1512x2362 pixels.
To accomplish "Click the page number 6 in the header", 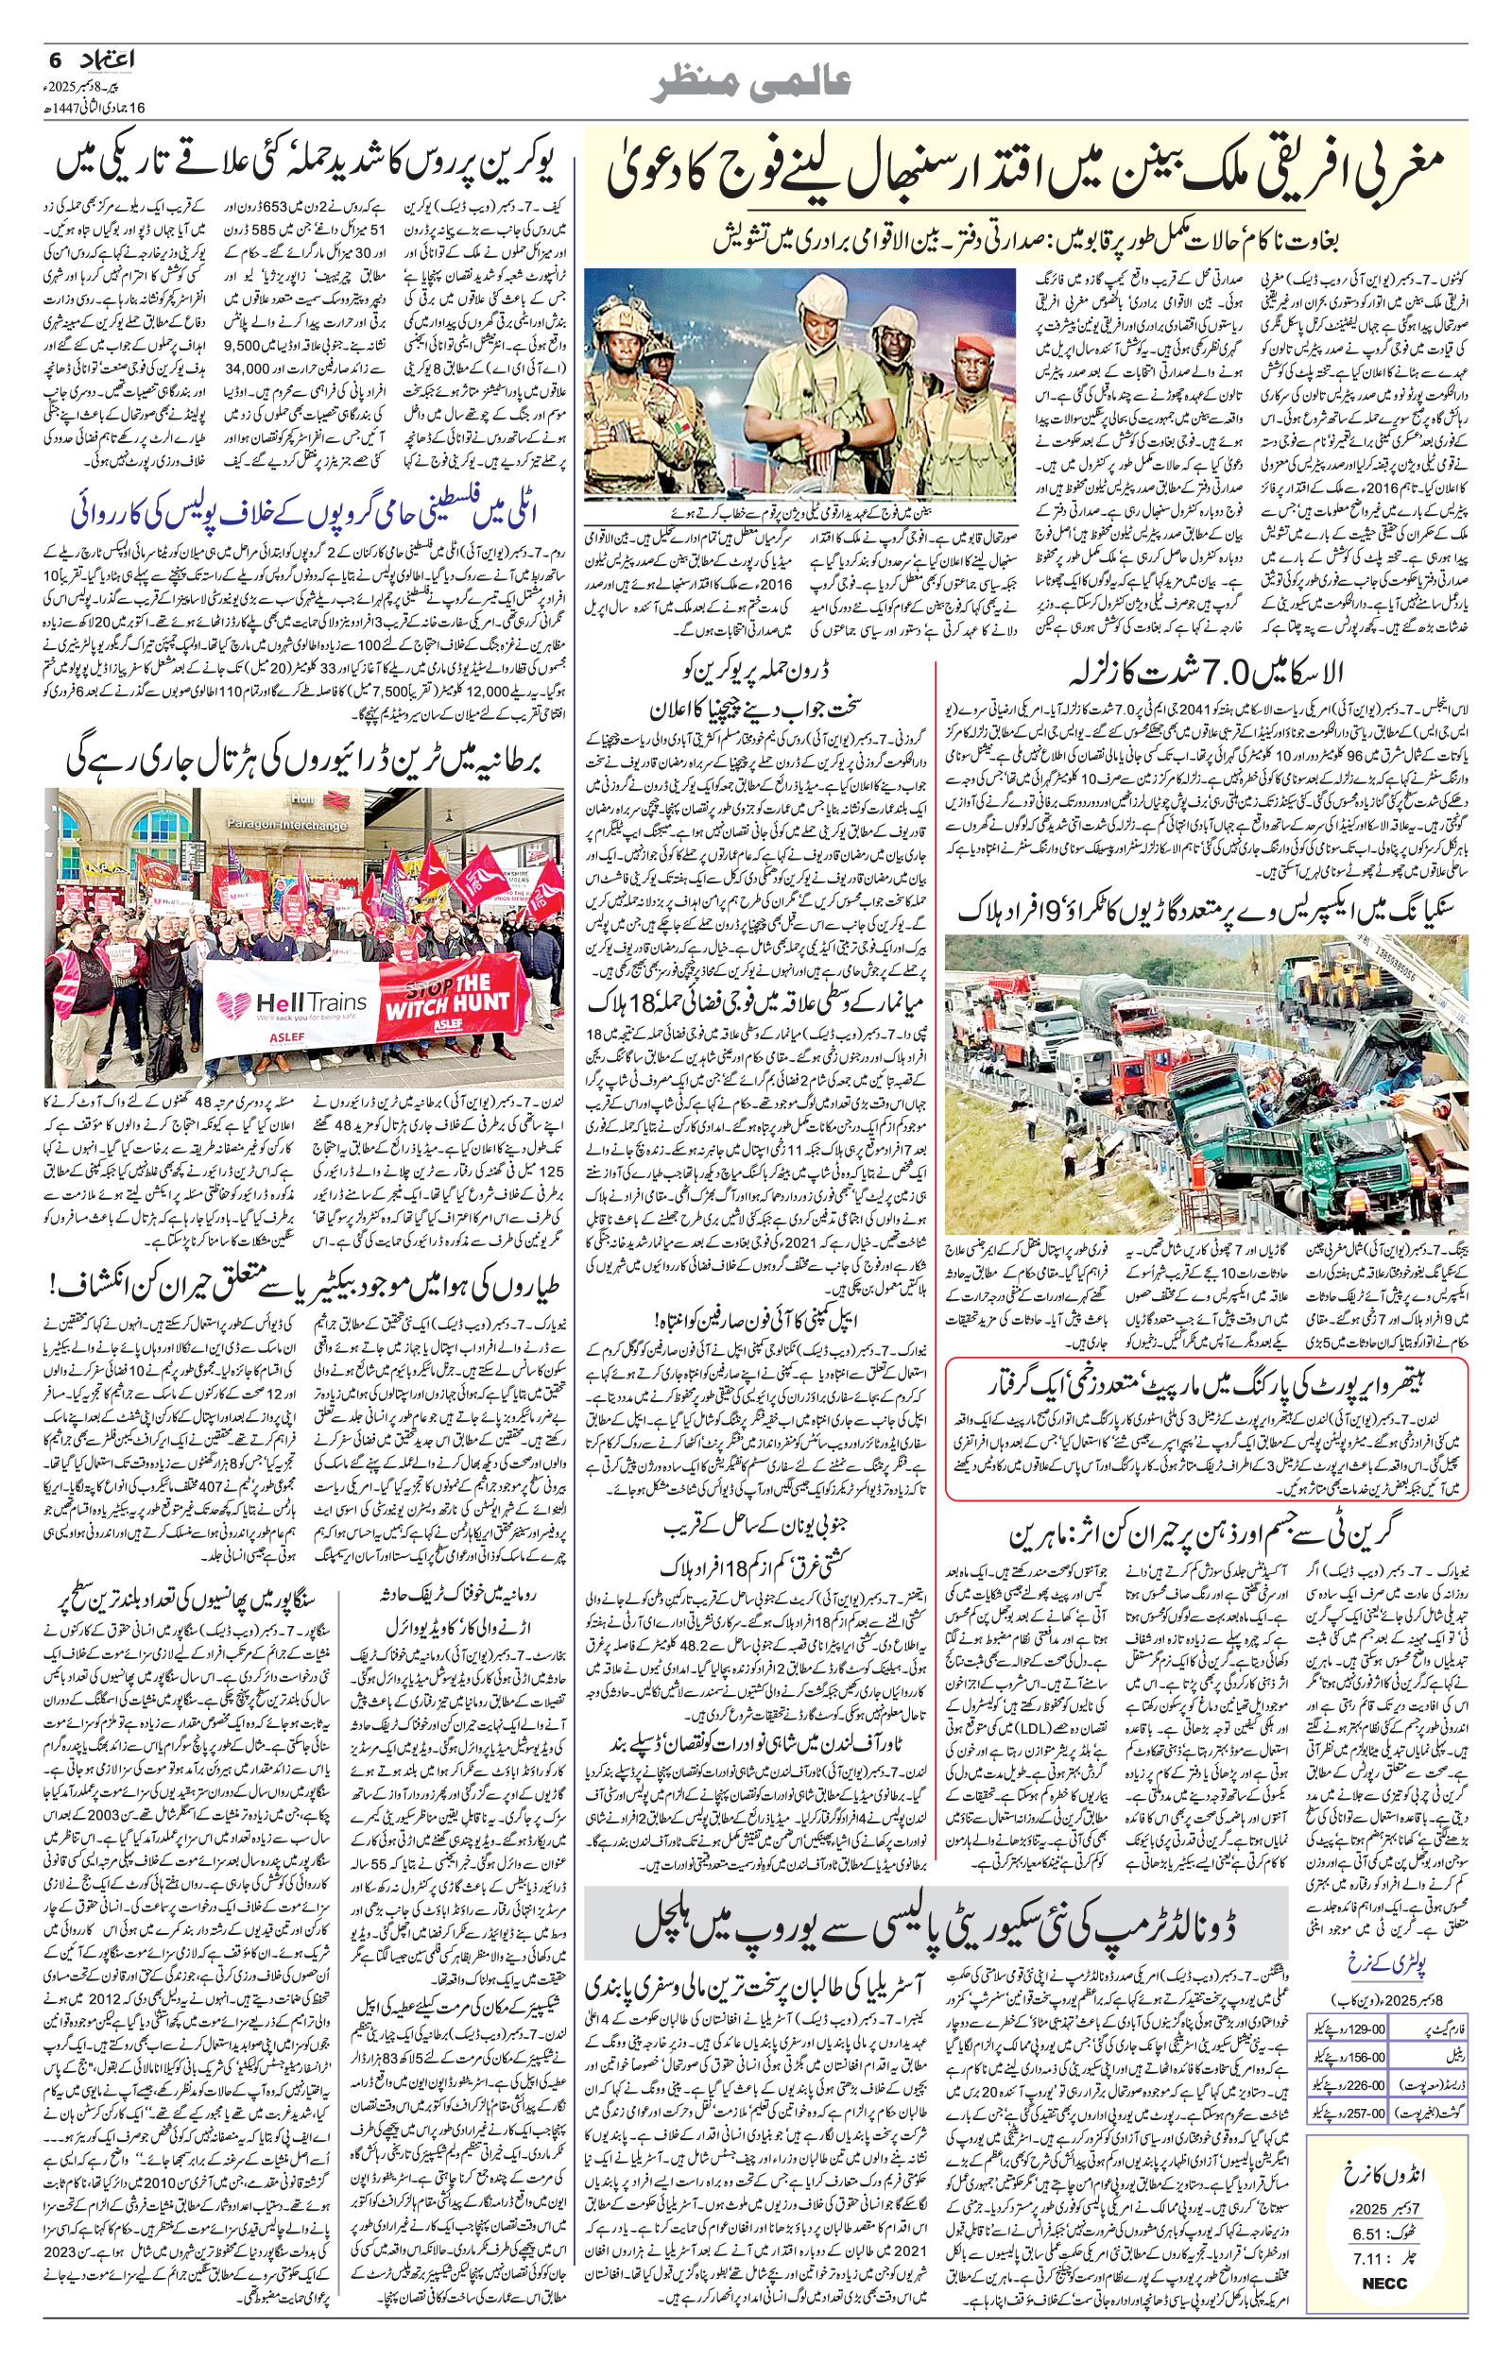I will tap(55, 60).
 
